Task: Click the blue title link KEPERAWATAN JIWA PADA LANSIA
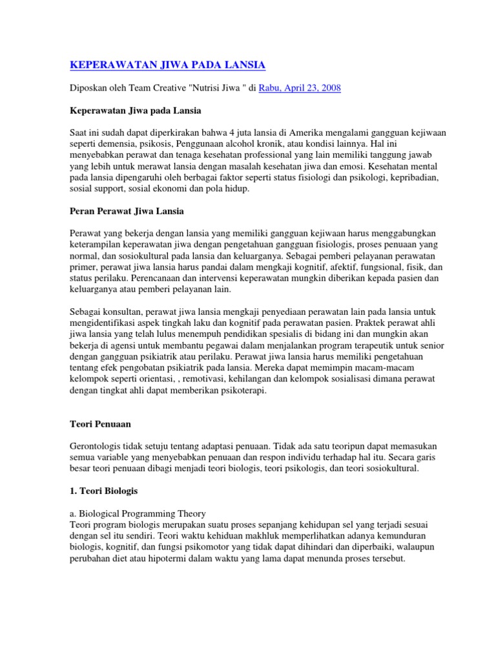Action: click(167, 65)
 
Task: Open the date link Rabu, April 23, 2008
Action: click(300, 88)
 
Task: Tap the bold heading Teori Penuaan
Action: click(99, 424)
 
